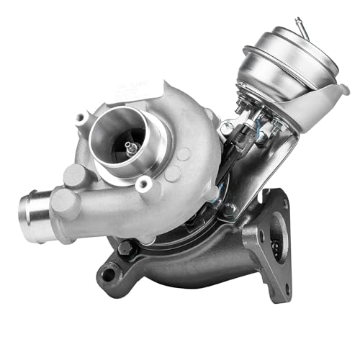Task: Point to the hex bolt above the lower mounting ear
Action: click(x=129, y=248)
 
